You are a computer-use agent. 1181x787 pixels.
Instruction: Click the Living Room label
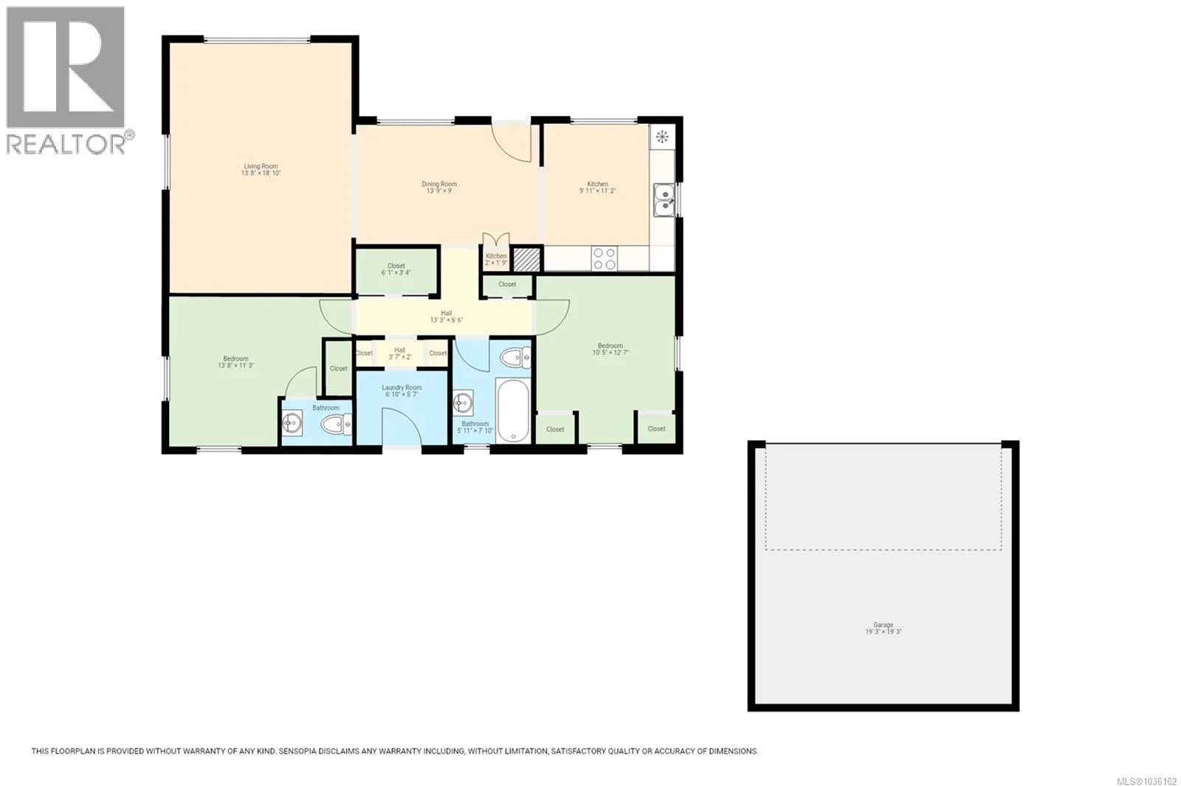pyautogui.click(x=261, y=166)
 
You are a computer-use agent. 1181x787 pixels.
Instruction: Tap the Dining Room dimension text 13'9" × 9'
pyautogui.click(x=439, y=191)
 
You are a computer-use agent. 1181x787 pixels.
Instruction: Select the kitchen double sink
pyautogui.click(x=664, y=200)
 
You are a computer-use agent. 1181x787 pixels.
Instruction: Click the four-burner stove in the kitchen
pyautogui.click(x=605, y=258)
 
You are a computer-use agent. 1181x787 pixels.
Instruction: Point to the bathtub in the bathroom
pyautogui.click(x=512, y=411)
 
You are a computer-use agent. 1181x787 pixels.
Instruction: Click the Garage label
pyautogui.click(x=883, y=625)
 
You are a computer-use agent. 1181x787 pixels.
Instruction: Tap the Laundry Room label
pyautogui.click(x=402, y=388)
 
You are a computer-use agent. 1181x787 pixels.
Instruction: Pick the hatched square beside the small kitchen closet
pyautogui.click(x=527, y=260)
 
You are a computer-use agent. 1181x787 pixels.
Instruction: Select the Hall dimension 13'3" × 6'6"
pyautogui.click(x=447, y=320)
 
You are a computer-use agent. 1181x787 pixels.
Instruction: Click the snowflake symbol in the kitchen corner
pyautogui.click(x=662, y=137)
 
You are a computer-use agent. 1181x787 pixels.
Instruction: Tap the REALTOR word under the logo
pyautogui.click(x=66, y=144)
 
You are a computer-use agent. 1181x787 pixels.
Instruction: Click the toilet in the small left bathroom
pyautogui.click(x=336, y=424)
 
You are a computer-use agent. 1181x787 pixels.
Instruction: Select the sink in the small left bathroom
pyautogui.click(x=292, y=423)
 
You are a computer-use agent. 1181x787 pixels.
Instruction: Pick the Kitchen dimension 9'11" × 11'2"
pyautogui.click(x=597, y=191)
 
